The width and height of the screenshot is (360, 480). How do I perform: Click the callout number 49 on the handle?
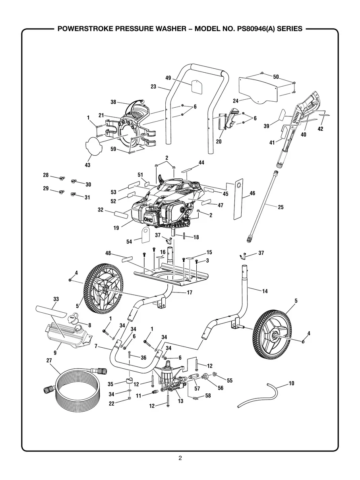[x=168, y=78]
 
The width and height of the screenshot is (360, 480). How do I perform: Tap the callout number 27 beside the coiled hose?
[x=49, y=361]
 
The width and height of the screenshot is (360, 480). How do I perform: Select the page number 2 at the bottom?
[x=180, y=458]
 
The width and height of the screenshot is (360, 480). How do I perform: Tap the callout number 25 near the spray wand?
[x=281, y=207]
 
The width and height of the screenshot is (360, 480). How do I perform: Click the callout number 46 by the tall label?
[x=252, y=194]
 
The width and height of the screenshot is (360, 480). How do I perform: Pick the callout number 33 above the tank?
[x=56, y=298]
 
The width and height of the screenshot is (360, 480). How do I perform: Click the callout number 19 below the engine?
[x=116, y=228]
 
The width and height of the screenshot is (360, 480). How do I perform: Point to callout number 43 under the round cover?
[x=88, y=165]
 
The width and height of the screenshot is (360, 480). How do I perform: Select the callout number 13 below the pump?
[x=180, y=401]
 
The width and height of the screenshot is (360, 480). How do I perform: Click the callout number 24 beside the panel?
[x=235, y=101]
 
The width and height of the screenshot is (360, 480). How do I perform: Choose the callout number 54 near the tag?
[x=129, y=242]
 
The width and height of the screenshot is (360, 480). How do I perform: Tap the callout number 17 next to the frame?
[x=190, y=293]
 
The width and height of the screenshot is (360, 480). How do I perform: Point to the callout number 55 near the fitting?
[x=229, y=380]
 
